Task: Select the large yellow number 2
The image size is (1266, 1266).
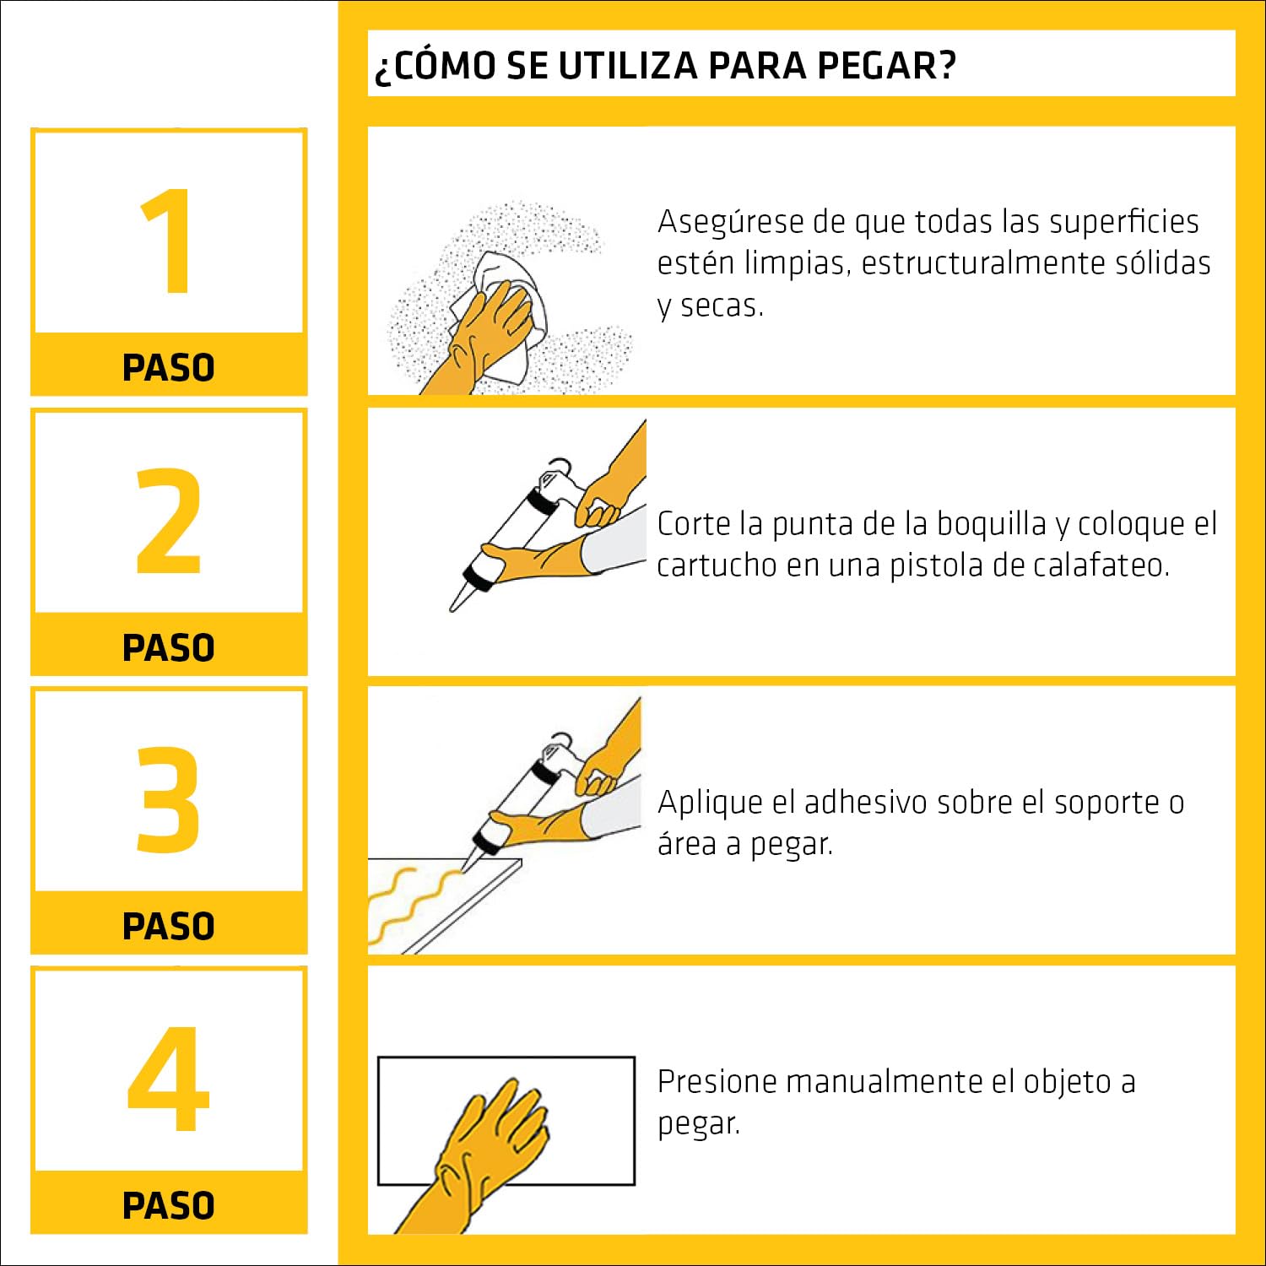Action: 169,521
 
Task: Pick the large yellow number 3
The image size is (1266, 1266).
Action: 169,799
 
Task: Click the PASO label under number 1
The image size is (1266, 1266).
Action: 169,368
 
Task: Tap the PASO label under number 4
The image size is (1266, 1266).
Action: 169,1205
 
